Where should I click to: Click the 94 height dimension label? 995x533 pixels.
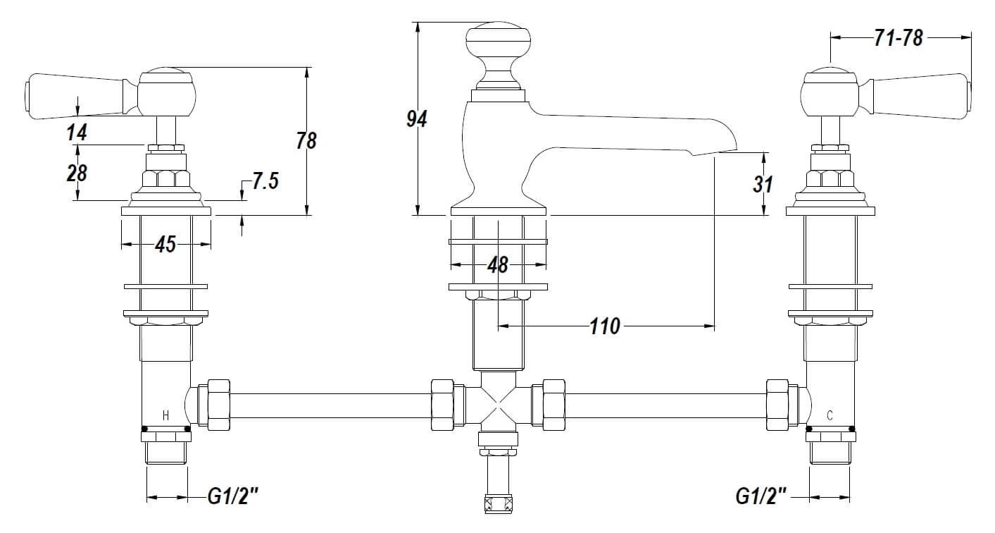(x=417, y=119)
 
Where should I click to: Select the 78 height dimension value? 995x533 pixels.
(x=306, y=140)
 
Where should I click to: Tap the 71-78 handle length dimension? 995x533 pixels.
(x=899, y=38)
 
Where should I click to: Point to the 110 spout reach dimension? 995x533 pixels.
(x=605, y=326)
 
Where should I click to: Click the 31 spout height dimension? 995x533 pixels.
(x=763, y=184)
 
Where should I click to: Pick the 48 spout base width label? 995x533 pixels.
(x=497, y=266)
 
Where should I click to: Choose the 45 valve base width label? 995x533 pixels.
(x=165, y=244)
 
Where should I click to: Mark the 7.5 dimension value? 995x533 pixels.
(x=265, y=181)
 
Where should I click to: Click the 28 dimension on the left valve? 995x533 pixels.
(x=77, y=173)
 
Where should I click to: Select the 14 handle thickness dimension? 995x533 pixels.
(x=77, y=133)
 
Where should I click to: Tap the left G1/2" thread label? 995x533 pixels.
(x=233, y=496)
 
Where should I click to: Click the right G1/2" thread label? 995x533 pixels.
(x=761, y=496)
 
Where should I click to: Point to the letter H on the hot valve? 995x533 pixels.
(x=165, y=416)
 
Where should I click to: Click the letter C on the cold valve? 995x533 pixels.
(x=830, y=416)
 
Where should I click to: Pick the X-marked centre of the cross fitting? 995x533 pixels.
(x=499, y=405)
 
